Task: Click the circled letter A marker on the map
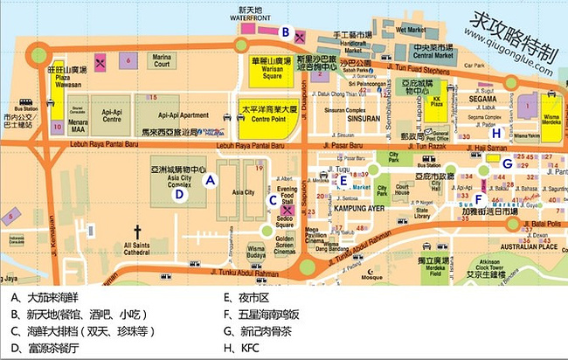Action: tap(210, 179)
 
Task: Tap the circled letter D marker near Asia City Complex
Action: tap(179, 195)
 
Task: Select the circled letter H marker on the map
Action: tap(496, 134)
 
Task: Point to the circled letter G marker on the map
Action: tap(506, 163)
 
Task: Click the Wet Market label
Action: tap(410, 31)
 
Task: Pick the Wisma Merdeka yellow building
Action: tap(551, 113)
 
